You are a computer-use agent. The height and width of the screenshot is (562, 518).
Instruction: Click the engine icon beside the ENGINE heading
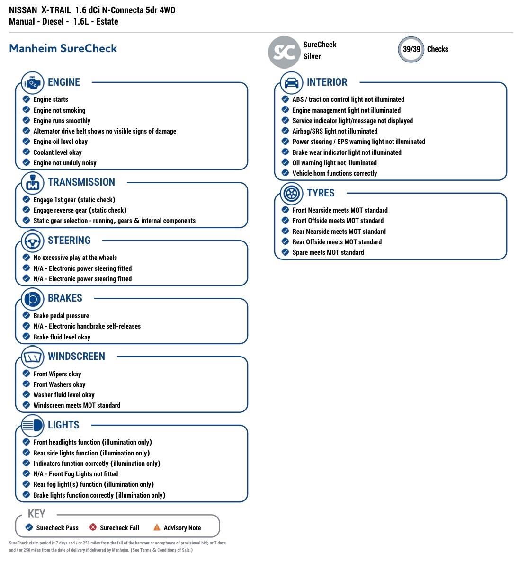(32, 83)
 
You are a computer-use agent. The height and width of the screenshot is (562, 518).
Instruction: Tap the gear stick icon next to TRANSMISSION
(32, 183)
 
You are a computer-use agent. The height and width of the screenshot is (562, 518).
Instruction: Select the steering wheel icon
(32, 241)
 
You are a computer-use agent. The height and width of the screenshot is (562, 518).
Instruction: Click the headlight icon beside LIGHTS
(32, 426)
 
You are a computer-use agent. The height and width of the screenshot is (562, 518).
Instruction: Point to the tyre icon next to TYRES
(291, 193)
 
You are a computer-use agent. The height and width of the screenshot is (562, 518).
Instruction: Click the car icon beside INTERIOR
(291, 83)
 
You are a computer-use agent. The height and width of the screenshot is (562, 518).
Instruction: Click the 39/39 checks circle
(411, 49)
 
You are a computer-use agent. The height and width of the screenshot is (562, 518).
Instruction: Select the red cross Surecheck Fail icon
(93, 527)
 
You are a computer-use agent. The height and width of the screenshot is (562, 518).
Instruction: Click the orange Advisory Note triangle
(157, 527)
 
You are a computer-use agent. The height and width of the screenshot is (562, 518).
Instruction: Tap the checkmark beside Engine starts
(27, 99)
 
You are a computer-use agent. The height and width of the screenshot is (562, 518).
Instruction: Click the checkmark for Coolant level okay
(27, 152)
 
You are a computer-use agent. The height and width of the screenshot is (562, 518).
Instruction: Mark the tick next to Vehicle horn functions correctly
(285, 173)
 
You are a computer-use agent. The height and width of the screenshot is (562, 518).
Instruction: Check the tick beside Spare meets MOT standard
(285, 252)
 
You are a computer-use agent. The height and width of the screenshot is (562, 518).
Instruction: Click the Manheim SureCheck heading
(63, 48)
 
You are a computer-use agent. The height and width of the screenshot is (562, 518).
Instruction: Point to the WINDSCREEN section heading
(76, 357)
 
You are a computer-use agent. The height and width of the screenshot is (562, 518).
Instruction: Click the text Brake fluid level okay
(62, 337)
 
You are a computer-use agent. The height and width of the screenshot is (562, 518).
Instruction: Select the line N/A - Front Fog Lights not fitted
(75, 474)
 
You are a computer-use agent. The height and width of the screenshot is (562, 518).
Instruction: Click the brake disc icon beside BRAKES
(32, 299)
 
